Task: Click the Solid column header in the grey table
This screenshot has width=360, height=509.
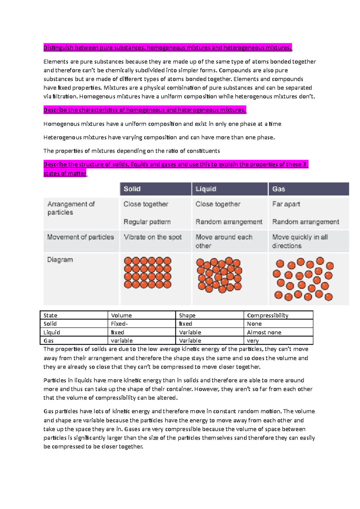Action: tap(132, 189)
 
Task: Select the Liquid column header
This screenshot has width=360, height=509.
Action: tap(206, 189)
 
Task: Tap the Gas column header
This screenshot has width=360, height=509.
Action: tap(278, 189)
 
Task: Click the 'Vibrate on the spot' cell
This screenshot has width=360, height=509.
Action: tap(153, 237)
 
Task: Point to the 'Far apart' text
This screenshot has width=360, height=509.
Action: tap(286, 204)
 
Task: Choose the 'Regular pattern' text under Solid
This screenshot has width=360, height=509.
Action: tap(147, 222)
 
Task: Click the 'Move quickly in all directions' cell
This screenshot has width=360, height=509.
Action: tap(300, 241)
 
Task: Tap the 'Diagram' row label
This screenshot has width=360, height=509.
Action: tap(60, 260)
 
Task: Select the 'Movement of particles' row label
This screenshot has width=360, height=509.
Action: tap(80, 237)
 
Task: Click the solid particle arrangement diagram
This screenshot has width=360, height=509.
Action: tap(148, 272)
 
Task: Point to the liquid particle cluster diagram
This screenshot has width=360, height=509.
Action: tap(219, 275)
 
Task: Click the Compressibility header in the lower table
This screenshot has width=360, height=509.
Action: tap(268, 315)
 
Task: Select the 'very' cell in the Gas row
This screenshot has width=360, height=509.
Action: tap(253, 341)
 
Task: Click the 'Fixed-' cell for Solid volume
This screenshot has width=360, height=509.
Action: tap(119, 324)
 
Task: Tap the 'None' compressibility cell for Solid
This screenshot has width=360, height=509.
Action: tap(254, 324)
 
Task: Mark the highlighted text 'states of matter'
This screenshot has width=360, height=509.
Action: tap(65, 174)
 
